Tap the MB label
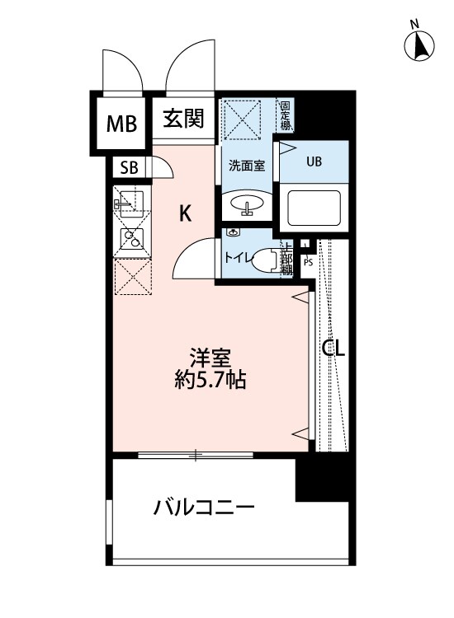pos(121,124)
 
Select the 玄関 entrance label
pos(182,119)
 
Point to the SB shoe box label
pos(130,167)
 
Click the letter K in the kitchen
pos(186,214)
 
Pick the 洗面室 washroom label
pos(246,165)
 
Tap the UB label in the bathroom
pos(314,162)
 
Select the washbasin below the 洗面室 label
pos(245,204)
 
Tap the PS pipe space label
pos(308,263)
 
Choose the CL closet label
pos(333,349)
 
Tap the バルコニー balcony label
pos(203,507)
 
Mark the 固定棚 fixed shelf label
pos(285,115)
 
